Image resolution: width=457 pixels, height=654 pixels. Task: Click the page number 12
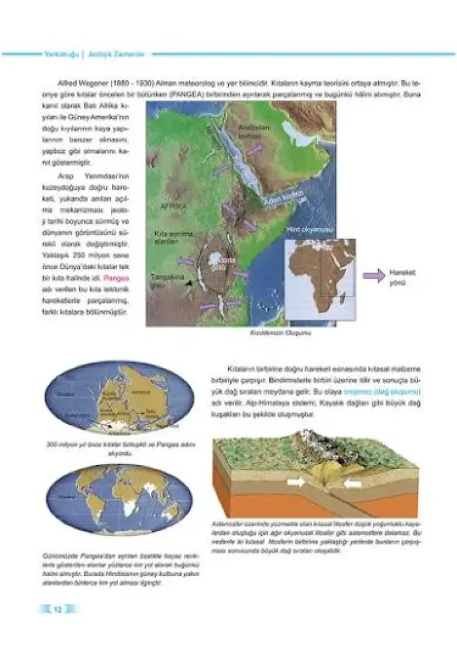[57, 609]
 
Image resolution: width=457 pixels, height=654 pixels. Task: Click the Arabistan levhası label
[254, 133]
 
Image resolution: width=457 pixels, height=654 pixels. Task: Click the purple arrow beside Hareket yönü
[374, 277]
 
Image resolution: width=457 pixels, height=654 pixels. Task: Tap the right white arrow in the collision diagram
[353, 484]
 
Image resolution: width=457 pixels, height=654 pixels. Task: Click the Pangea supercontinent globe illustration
[119, 398]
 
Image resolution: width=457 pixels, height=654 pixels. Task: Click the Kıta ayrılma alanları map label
[173, 238]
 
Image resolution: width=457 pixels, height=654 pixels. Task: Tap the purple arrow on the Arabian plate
[255, 147]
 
